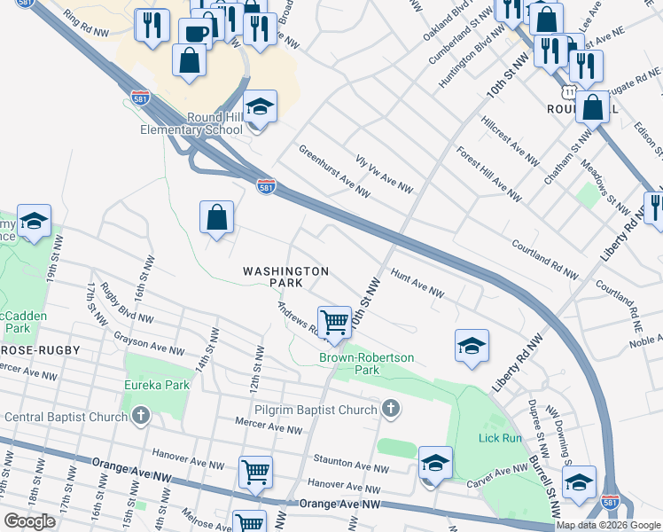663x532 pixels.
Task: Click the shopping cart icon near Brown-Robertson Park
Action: pos(334,322)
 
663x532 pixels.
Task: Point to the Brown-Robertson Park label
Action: pos(367,364)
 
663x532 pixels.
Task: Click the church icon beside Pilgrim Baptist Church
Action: pos(389,409)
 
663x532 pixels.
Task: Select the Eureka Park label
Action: pos(158,386)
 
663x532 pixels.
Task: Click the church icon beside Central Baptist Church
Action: pos(140,416)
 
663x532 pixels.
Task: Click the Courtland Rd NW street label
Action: pos(544,255)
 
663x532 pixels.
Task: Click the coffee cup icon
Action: pos(195,35)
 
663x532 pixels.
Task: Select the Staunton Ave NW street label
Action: pos(358,466)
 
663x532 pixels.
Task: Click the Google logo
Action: pos(30,521)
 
